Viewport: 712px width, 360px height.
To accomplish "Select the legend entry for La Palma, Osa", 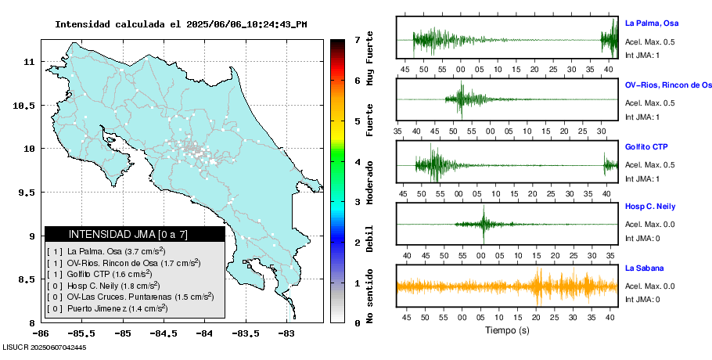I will click(x=106, y=251).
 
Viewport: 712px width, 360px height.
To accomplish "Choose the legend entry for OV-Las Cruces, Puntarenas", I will click(x=129, y=297).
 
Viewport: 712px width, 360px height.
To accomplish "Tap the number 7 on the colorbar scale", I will click(x=357, y=39).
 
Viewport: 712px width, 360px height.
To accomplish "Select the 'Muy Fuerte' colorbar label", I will click(x=370, y=59).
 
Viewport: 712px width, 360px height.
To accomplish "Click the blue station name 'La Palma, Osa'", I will click(x=656, y=23).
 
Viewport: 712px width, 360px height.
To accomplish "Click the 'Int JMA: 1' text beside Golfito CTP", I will click(x=642, y=178).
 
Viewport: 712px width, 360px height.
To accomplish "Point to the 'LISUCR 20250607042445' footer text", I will click(x=45, y=347).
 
